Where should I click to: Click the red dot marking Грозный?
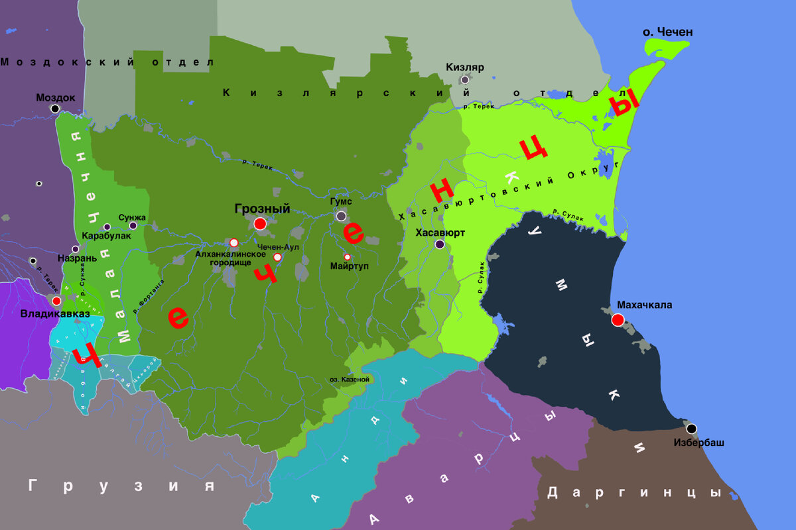(x=260, y=224)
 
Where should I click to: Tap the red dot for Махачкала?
(x=618, y=320)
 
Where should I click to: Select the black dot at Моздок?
(x=55, y=108)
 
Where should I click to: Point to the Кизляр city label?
(x=465, y=67)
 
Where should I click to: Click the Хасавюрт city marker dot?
(x=440, y=244)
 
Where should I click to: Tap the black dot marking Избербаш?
(x=691, y=428)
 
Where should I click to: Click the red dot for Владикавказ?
(x=56, y=300)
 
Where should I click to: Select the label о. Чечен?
(x=668, y=32)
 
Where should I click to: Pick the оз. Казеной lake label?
(x=349, y=379)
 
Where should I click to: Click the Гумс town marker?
(x=341, y=216)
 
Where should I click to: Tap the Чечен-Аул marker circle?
(x=277, y=257)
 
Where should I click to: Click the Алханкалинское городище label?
(x=231, y=258)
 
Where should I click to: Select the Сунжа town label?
(x=131, y=217)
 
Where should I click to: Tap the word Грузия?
(x=122, y=486)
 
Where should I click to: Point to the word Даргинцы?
(x=634, y=492)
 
